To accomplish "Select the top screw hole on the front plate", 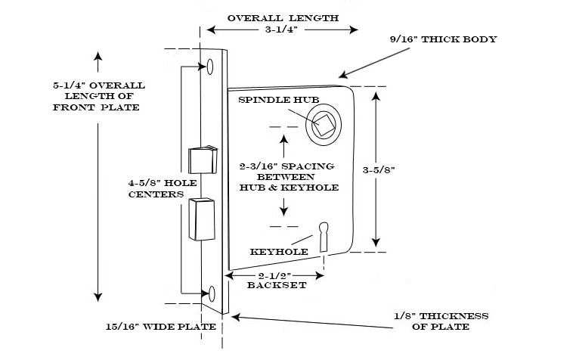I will click(x=211, y=66).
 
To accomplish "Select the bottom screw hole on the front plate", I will click(x=212, y=293).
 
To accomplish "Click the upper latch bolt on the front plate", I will click(x=201, y=160).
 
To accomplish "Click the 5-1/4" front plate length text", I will click(x=98, y=96).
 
